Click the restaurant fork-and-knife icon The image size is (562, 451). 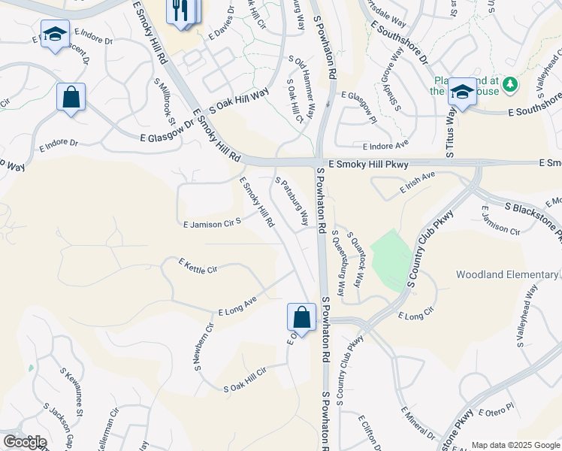click(x=178, y=10)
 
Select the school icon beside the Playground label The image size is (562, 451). click(x=462, y=92)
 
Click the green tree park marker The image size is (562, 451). click(x=511, y=83)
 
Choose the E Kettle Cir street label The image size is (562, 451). click(x=198, y=266)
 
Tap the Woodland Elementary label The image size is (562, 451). click(x=508, y=275)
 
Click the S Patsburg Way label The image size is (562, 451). click(x=292, y=201)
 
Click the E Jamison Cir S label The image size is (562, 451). click(x=212, y=223)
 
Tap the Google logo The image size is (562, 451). click(x=24, y=442)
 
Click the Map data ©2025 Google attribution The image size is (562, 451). click(x=515, y=445)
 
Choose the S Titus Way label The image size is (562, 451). click(x=452, y=132)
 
